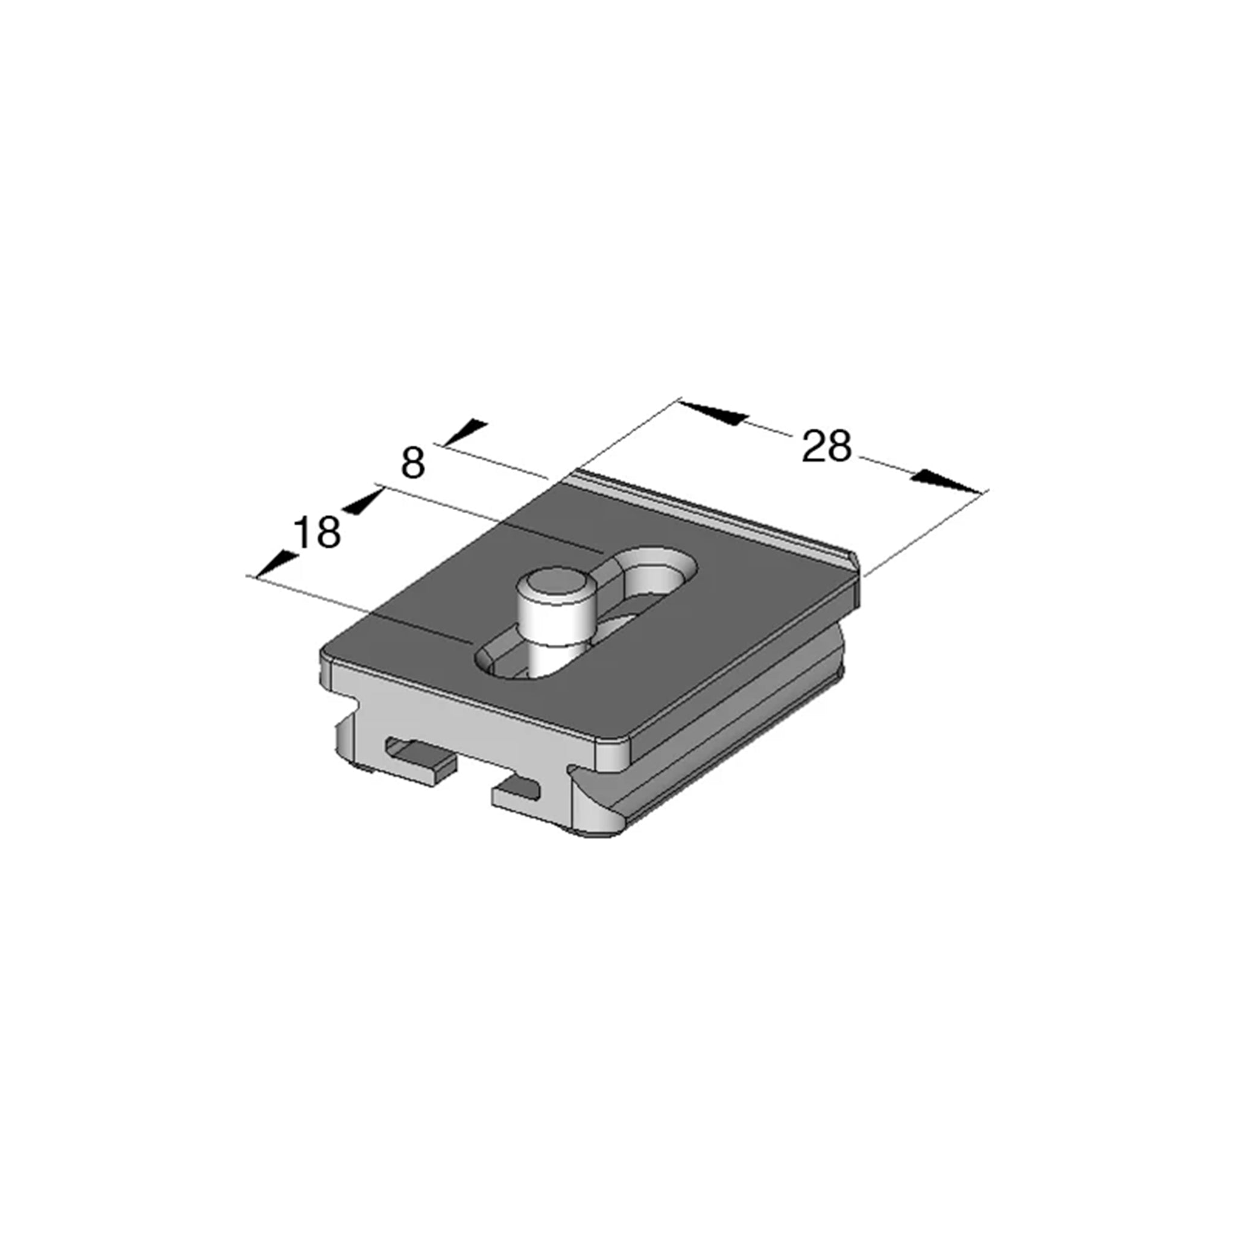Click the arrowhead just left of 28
[x=713, y=412]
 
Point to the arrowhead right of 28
[x=947, y=481]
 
